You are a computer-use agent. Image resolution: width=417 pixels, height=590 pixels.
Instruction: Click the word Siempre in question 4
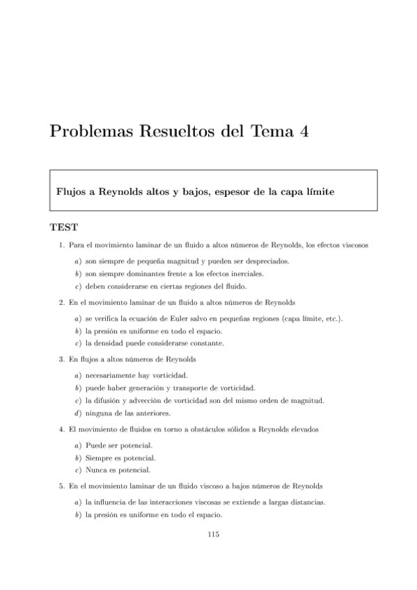pyautogui.click(x=98, y=458)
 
